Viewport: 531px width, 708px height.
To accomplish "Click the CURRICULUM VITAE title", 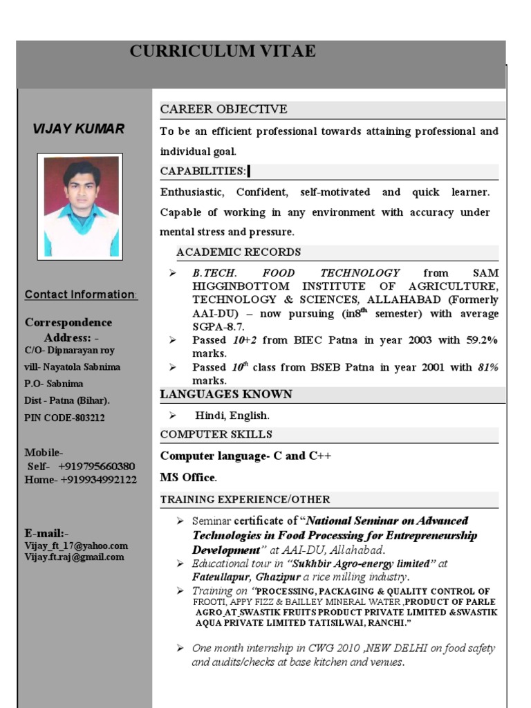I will (223, 51).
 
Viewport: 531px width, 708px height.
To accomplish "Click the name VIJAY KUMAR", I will (79, 129).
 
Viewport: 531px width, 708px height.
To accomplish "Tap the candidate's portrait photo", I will (80, 206).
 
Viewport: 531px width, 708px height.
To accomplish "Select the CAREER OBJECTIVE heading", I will (223, 109).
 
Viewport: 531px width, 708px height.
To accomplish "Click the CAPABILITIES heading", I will (203, 171).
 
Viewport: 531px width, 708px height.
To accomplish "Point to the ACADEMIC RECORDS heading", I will (238, 252).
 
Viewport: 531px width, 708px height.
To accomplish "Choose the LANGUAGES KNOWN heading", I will (226, 395).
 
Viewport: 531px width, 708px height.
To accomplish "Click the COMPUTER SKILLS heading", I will (216, 434).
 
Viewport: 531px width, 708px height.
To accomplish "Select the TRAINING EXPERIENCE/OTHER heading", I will (245, 499).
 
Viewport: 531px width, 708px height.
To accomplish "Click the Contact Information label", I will (81, 295).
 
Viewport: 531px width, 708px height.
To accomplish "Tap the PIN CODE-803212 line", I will (65, 418).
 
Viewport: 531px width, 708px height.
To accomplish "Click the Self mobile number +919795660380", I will (96, 467).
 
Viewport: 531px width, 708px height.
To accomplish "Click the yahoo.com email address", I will (76, 546).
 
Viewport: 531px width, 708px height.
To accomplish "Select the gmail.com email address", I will (75, 557).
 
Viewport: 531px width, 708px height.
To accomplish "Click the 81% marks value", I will (487, 367).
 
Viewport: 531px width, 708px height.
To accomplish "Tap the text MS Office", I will (188, 478).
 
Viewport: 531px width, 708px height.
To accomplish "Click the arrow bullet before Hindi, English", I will (173, 415).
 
